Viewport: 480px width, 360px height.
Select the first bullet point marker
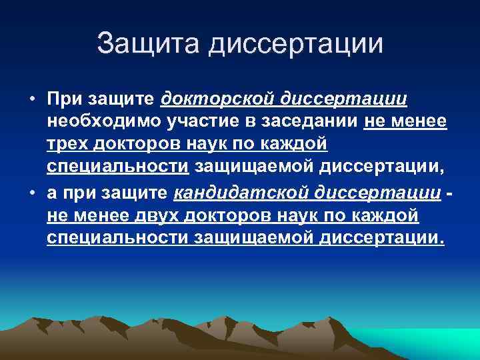click(x=31, y=100)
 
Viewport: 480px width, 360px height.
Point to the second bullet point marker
click(x=31, y=193)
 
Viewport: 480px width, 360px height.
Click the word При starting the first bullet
click(x=63, y=99)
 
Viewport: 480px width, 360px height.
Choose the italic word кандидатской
click(x=229, y=193)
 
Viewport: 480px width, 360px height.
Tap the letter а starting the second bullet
click(x=52, y=193)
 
